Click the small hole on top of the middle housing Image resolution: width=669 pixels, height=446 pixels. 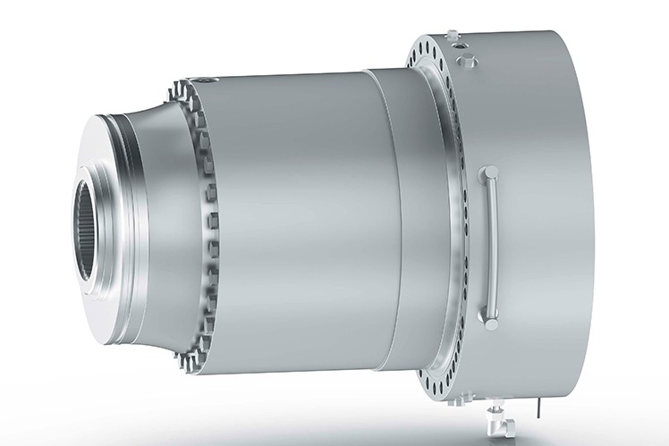click(x=208, y=80)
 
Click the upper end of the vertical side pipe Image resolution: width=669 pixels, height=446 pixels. click(x=489, y=171)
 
